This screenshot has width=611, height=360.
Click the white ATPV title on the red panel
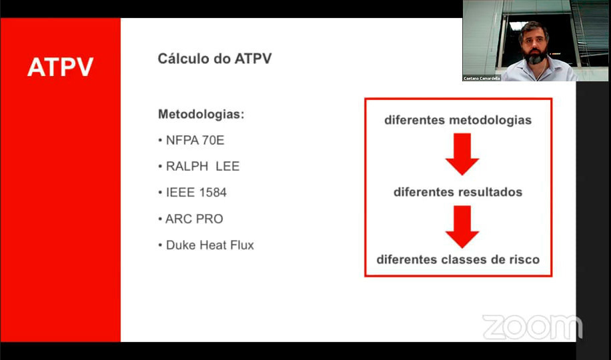61,67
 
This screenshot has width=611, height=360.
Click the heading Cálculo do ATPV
215,59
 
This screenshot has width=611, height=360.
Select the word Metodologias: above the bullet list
201,115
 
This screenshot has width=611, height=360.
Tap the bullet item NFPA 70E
191,140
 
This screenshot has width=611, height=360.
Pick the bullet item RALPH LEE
199,167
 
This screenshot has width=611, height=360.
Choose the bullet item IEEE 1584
193,193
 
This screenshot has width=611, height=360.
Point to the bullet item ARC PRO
191,219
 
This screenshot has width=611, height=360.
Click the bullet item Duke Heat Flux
206,245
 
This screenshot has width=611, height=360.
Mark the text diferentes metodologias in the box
458,121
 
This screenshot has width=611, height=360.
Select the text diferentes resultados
458,192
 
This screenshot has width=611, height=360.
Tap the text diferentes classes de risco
458,259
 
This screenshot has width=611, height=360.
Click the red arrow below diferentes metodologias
462,154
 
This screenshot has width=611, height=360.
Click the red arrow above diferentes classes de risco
462,227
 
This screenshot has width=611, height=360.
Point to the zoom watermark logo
532,327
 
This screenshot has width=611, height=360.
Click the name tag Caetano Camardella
482,78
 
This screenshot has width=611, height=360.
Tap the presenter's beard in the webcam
535,57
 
